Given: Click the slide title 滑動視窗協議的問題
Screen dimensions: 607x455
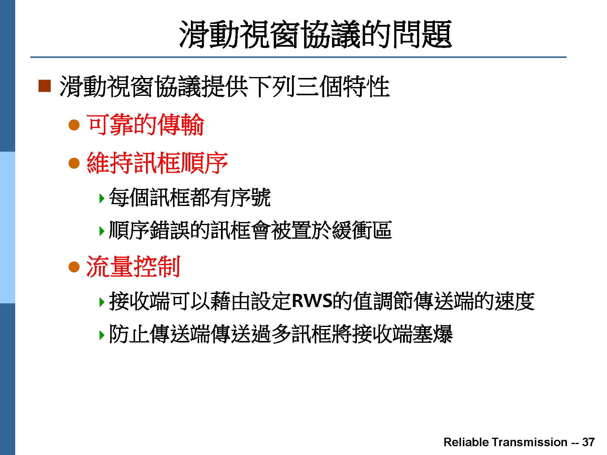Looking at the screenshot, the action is pyautogui.click(x=315, y=34).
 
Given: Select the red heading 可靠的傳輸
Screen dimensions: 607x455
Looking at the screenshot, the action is pyautogui.click(x=145, y=125).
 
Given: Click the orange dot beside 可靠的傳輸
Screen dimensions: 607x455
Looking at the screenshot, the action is pyautogui.click(x=74, y=125).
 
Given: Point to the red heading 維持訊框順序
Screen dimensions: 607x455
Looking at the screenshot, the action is pyautogui.click(x=157, y=163).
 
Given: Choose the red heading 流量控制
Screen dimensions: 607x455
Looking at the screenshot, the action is pyautogui.click(x=134, y=267).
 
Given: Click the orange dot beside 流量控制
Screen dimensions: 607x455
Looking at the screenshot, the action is pyautogui.click(x=74, y=267).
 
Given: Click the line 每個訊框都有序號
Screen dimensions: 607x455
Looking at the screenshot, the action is pyautogui.click(x=190, y=197).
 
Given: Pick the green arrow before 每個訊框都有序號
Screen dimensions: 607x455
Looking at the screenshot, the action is pyautogui.click(x=102, y=198).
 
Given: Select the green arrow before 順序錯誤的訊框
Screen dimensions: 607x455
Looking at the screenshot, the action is pyautogui.click(x=102, y=231).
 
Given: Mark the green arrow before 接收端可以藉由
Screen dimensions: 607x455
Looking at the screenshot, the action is pyautogui.click(x=102, y=302).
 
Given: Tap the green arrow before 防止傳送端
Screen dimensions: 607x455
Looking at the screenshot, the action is pyautogui.click(x=102, y=335).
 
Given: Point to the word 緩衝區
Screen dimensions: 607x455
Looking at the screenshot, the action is pyautogui.click(x=362, y=230).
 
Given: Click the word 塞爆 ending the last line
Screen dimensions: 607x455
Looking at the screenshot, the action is pyautogui.click(x=432, y=334).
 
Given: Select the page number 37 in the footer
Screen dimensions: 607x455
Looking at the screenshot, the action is pyautogui.click(x=588, y=442).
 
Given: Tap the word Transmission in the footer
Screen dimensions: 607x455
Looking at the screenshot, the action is pyautogui.click(x=529, y=442).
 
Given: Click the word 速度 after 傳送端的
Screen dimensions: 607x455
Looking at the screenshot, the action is pyautogui.click(x=515, y=301).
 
